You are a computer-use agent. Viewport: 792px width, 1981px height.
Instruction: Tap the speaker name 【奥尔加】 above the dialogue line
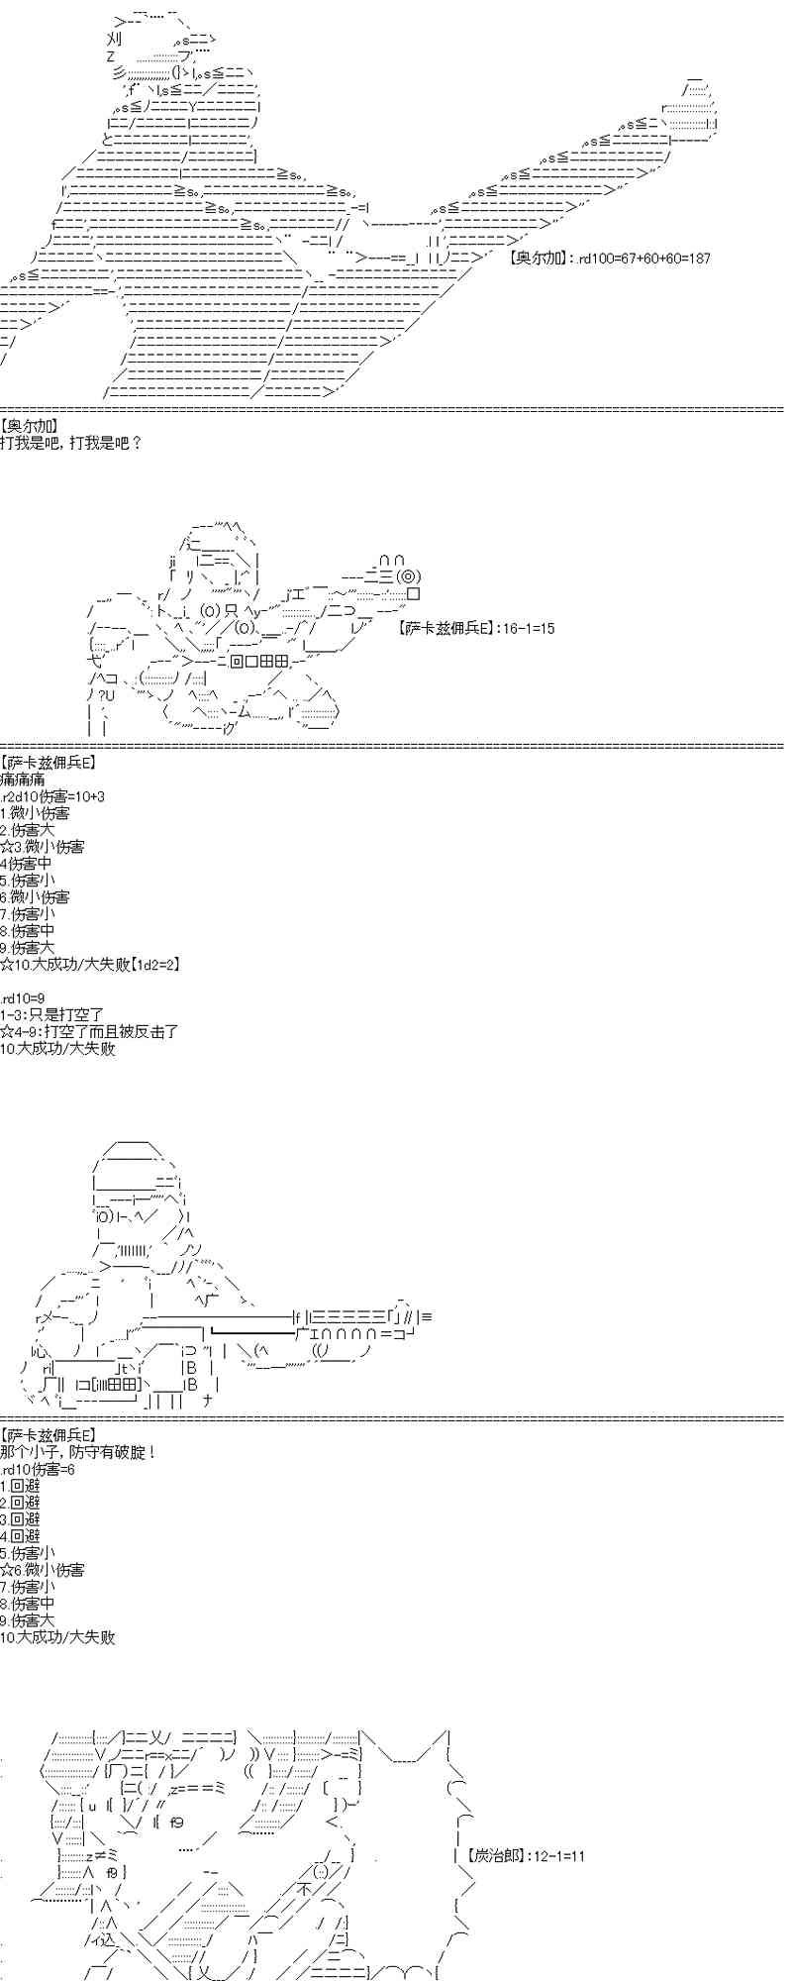pyautogui.click(x=30, y=426)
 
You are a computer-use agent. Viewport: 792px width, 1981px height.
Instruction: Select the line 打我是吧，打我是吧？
pyautogui.click(x=71, y=443)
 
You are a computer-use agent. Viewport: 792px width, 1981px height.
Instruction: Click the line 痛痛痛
pyautogui.click(x=23, y=780)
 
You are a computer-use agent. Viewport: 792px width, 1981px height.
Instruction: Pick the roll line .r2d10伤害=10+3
pyautogui.click(x=52, y=796)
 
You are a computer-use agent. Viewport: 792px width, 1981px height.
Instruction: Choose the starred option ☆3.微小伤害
pyautogui.click(x=43, y=847)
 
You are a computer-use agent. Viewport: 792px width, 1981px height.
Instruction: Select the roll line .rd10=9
pyautogui.click(x=23, y=998)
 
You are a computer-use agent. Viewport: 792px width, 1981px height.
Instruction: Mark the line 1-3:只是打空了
pyautogui.click(x=52, y=1015)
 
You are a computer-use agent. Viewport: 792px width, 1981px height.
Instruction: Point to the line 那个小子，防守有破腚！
pyautogui.click(x=79, y=1452)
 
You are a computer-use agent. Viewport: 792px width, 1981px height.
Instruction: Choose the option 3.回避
pyautogui.click(x=21, y=1519)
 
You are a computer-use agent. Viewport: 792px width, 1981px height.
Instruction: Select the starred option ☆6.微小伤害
pyautogui.click(x=43, y=1570)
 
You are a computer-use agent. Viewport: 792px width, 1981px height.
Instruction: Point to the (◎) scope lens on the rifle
pyautogui.click(x=409, y=576)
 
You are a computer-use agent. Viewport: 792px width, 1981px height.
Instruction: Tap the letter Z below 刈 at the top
pyautogui.click(x=110, y=56)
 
